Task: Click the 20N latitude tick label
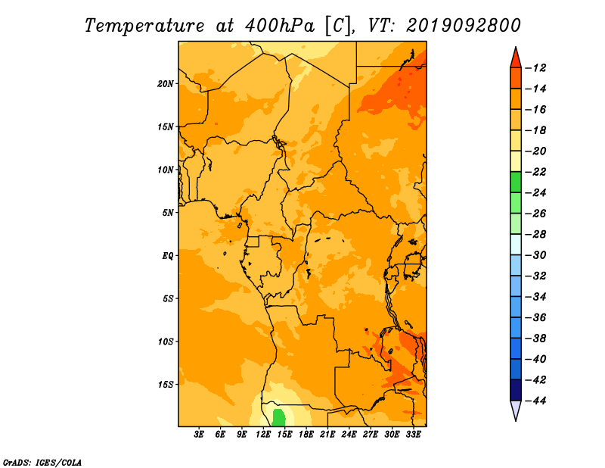(166, 84)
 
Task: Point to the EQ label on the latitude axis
(167, 256)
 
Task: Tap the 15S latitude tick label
(166, 385)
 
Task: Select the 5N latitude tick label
(168, 213)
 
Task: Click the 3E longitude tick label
(199, 435)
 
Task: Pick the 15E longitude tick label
(284, 435)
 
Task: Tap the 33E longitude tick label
(413, 435)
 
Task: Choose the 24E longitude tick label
(349, 435)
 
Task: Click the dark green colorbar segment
(516, 183)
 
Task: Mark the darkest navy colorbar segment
(516, 390)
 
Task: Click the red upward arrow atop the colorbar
(516, 58)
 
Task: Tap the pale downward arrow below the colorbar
(516, 410)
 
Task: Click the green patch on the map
(278, 418)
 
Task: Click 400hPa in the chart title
(279, 26)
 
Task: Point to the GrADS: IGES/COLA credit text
(42, 463)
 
